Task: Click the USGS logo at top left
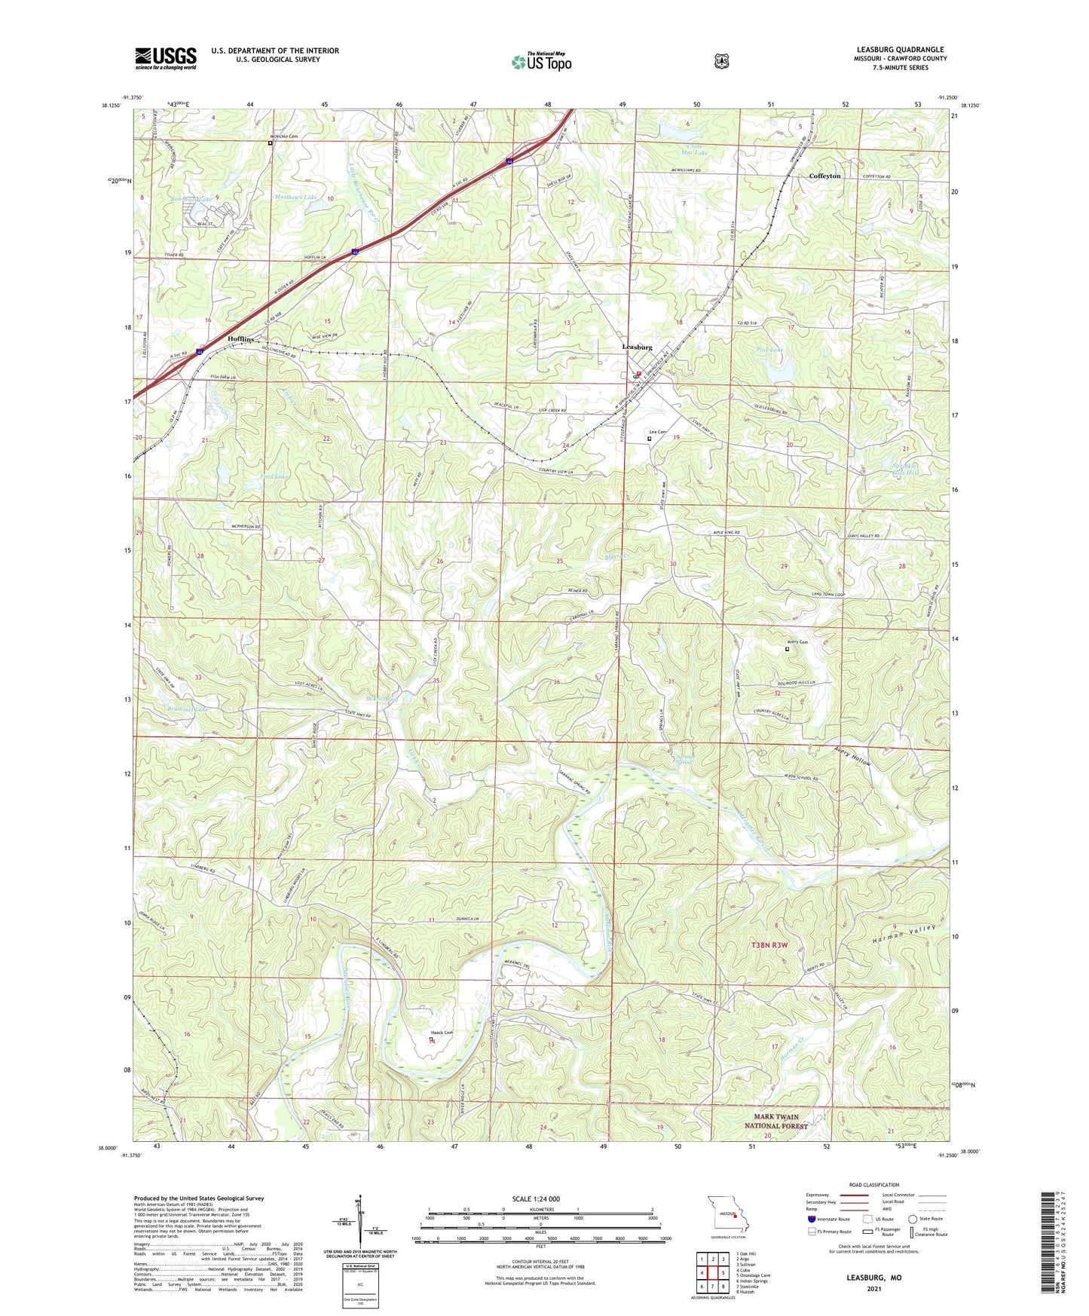click(x=166, y=58)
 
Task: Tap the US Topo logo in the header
click(x=541, y=62)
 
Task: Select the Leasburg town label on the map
click(x=637, y=347)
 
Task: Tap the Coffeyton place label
click(x=824, y=176)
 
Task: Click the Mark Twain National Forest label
click(x=781, y=1122)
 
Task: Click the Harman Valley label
click(x=904, y=937)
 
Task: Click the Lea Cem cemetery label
click(x=657, y=432)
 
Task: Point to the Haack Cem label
click(x=442, y=1033)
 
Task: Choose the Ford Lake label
click(x=274, y=477)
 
